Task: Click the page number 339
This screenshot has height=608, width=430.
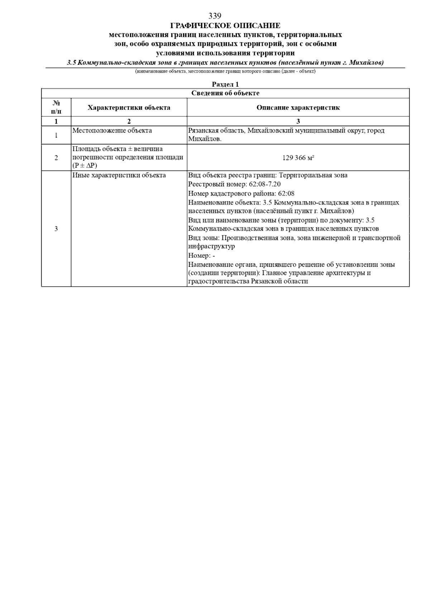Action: (x=215, y=16)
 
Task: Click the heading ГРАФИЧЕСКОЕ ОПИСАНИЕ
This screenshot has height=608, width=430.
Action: (x=225, y=26)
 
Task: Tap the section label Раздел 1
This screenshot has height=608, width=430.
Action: (x=225, y=84)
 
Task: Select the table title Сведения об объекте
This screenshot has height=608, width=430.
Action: (x=225, y=93)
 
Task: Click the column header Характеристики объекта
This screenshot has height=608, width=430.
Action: (x=129, y=107)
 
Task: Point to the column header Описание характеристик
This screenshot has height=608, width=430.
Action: (x=298, y=107)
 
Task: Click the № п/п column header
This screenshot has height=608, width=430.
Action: (x=56, y=107)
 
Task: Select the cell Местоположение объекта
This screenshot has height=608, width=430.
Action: (x=112, y=131)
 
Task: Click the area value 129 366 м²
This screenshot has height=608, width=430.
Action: (x=298, y=158)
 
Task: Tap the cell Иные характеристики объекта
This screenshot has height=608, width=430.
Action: (x=119, y=175)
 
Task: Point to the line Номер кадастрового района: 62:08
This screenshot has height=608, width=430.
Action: (x=241, y=194)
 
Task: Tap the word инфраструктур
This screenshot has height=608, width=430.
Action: (x=211, y=247)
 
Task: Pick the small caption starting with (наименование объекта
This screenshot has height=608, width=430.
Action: (x=225, y=72)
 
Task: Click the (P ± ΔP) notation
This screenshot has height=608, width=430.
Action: (x=85, y=166)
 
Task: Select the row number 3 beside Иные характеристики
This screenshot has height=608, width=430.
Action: (x=56, y=229)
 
